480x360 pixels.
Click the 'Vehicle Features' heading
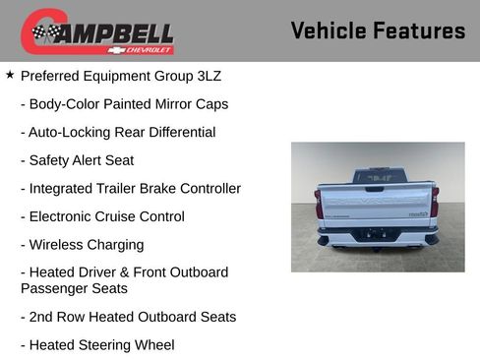pyautogui.click(x=378, y=30)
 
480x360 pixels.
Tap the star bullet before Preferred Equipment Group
pyautogui.click(x=10, y=75)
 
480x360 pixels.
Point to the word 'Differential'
pyautogui.click(x=176, y=132)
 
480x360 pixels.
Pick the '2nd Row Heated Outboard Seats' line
pyautogui.click(x=128, y=317)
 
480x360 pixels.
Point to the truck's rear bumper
pyautogui.click(x=378, y=236)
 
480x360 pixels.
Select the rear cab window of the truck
pyautogui.click(x=378, y=177)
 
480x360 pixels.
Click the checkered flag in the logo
pyautogui.click(x=44, y=33)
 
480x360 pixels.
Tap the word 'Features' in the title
pyautogui.click(x=419, y=30)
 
